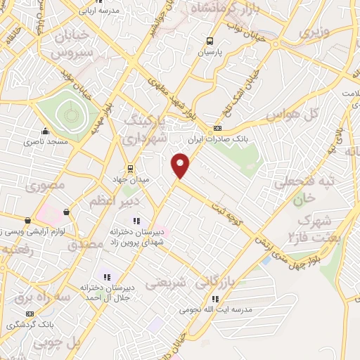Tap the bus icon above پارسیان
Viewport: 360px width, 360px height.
(x=209, y=41)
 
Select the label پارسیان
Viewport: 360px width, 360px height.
(x=209, y=52)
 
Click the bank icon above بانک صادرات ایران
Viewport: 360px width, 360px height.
(x=217, y=129)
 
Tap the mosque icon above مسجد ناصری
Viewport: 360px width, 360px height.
(x=45, y=131)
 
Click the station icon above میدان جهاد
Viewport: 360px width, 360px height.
(x=129, y=168)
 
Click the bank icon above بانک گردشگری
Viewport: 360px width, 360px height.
(x=30, y=314)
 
